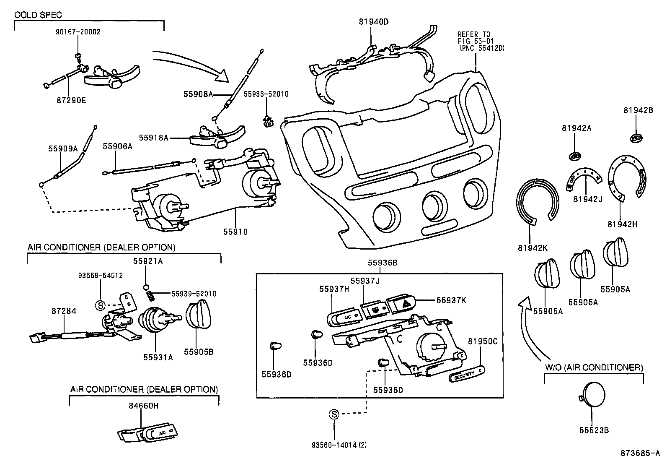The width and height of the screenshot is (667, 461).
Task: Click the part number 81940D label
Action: tap(374, 22)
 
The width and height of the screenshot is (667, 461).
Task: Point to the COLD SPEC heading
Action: tap(38, 15)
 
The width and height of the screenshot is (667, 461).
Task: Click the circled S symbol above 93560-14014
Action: tap(334, 414)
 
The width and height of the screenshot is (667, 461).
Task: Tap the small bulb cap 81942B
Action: tap(636, 138)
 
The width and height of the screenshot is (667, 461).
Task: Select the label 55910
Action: tap(235, 232)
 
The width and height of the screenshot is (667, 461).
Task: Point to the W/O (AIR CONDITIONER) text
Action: tap(594, 368)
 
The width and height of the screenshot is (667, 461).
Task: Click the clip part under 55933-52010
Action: tap(267, 121)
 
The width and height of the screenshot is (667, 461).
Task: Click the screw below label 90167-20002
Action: tap(78, 56)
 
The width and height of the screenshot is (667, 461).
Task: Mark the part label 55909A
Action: tap(63, 148)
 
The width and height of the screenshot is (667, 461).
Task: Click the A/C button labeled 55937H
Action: tap(345, 317)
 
